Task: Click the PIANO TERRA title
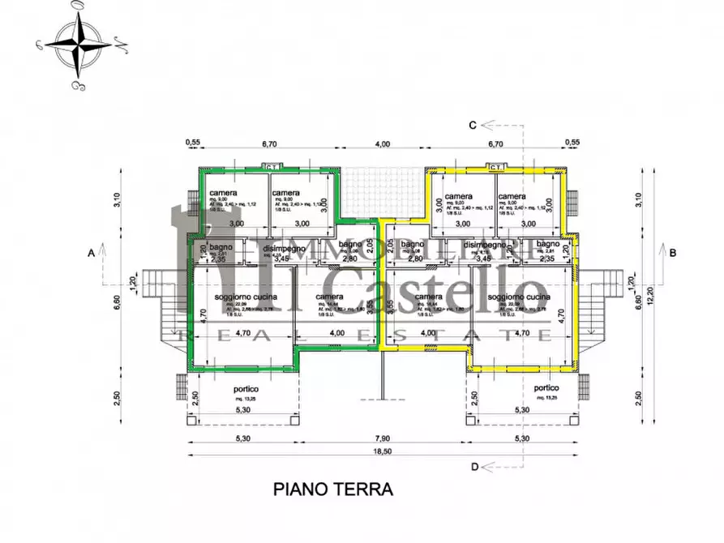pyautogui.click(x=332, y=489)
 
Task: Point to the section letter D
pyautogui.click(x=474, y=466)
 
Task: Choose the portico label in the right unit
pyautogui.click(x=547, y=388)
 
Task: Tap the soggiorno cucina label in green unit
pyautogui.click(x=246, y=298)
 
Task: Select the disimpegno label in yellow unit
pyautogui.click(x=485, y=245)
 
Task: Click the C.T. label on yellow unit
pyautogui.click(x=496, y=167)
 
